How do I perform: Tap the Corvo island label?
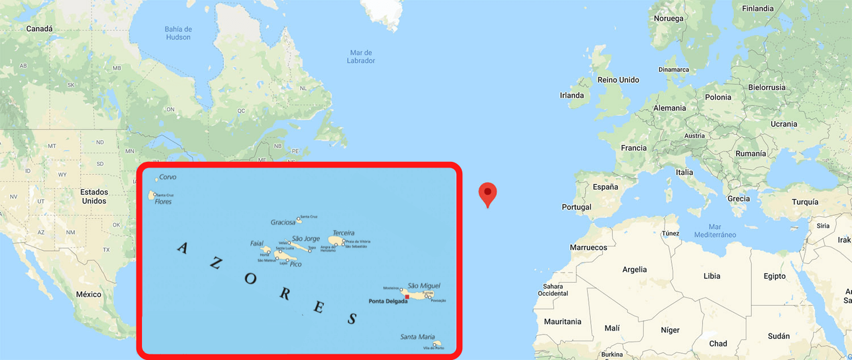coord(168,177)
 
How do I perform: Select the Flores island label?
coord(163,202)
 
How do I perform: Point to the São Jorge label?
coord(306,238)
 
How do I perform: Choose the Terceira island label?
coord(344,233)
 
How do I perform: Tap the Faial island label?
coord(257,244)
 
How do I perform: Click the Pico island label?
coord(295,264)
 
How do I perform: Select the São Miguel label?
coord(424,286)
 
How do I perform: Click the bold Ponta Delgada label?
coord(388,301)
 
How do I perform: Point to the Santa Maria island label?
coord(417,337)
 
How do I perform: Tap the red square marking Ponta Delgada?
coord(407,296)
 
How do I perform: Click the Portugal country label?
coord(577,207)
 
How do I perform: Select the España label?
coord(605,187)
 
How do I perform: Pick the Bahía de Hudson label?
coord(178,33)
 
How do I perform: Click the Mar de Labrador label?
coord(361,57)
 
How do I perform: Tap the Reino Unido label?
coord(618,80)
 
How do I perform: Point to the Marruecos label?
coord(588,248)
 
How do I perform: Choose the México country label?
coord(89,294)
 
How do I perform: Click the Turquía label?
coord(805,202)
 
